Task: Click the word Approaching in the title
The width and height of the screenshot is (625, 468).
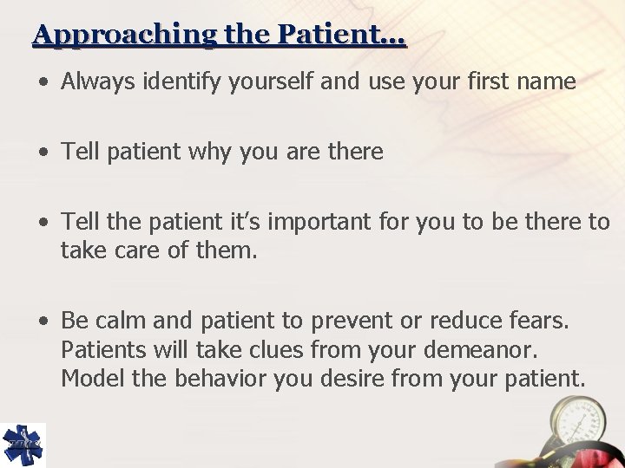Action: pyautogui.click(x=99, y=36)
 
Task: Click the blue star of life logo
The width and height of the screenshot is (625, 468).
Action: pyautogui.click(x=23, y=445)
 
